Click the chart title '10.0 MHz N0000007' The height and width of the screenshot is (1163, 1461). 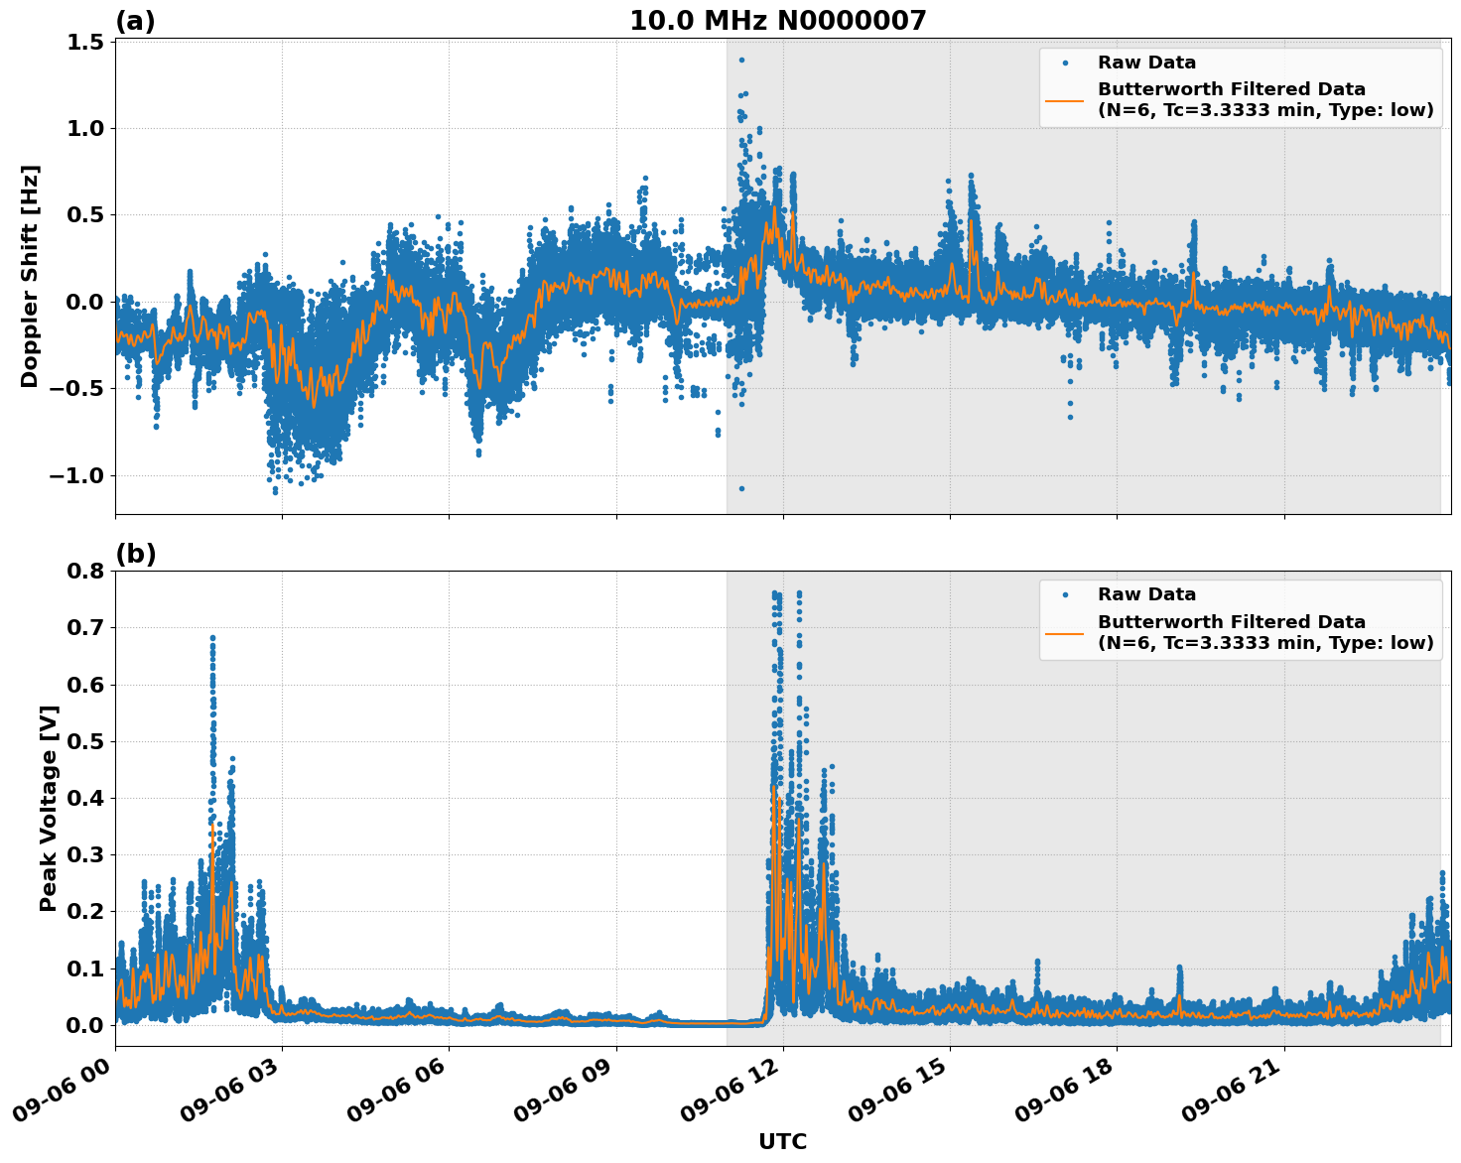click(777, 21)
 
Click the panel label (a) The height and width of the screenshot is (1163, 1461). click(135, 21)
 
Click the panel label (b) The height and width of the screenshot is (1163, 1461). click(135, 554)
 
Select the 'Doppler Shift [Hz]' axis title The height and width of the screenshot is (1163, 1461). click(30, 276)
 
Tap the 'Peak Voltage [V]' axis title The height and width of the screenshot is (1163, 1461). click(49, 808)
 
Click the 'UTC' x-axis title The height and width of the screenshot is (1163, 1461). click(782, 1141)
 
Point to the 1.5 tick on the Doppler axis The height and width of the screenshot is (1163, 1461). click(85, 42)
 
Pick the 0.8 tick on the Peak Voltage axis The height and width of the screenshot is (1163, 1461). click(85, 572)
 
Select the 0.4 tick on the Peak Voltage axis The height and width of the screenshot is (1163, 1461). click(85, 798)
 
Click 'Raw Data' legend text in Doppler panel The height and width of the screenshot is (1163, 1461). click(1146, 64)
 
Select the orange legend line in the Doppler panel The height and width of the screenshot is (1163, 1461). click(1065, 100)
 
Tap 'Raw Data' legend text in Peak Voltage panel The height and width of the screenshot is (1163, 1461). click(1146, 595)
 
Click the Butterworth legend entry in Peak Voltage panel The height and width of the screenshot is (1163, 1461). click(1264, 632)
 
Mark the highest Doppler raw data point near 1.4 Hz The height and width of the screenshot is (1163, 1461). click(740, 60)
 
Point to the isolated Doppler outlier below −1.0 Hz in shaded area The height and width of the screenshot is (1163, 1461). click(740, 488)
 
